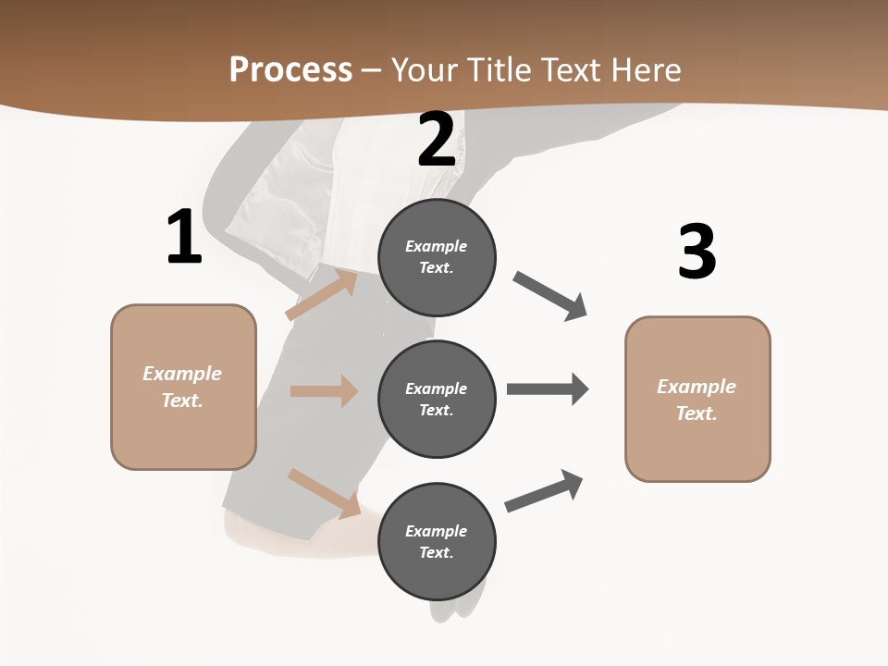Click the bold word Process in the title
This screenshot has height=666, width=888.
(290, 69)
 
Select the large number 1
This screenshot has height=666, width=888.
(184, 238)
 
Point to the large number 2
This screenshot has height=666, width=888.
(437, 140)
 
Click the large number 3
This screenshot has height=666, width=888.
(697, 252)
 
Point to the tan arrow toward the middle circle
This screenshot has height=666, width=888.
(324, 391)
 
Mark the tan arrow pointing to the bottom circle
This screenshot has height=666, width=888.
(324, 493)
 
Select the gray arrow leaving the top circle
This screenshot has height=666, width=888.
(550, 296)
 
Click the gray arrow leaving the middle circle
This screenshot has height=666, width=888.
(547, 388)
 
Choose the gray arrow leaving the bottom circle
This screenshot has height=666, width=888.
(544, 491)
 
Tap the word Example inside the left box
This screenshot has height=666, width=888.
(182, 374)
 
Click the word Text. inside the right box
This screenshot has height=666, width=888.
(697, 413)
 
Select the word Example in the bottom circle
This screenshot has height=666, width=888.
(437, 531)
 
